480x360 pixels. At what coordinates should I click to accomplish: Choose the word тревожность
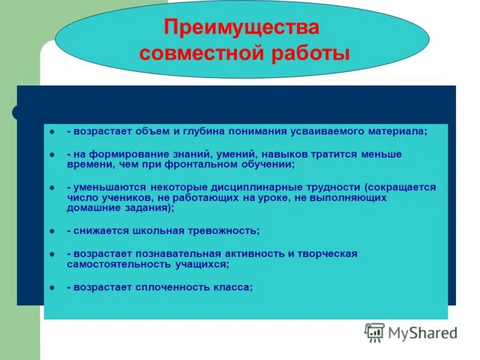click(224, 230)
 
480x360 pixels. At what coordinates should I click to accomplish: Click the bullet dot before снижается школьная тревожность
click(53, 230)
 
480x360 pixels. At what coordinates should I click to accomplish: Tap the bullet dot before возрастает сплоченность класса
click(53, 287)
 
